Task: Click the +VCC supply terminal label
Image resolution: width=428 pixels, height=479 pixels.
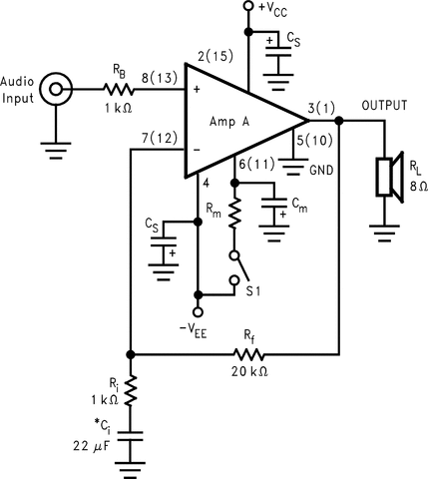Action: pyautogui.click(x=276, y=10)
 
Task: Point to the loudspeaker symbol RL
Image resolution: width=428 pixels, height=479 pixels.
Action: pyautogui.click(x=386, y=177)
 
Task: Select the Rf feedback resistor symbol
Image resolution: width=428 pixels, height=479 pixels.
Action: pyautogui.click(x=249, y=354)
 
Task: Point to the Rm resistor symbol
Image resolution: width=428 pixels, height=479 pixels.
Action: pyautogui.click(x=234, y=212)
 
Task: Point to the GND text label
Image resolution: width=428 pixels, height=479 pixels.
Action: pyautogui.click(x=321, y=170)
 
